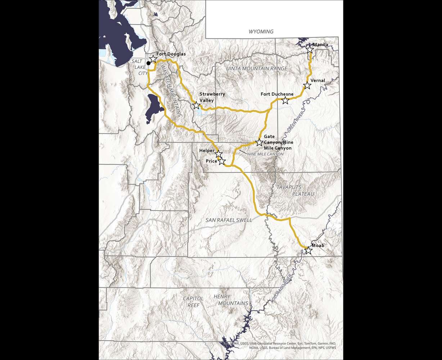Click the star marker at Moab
point(308,250)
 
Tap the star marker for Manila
point(310,49)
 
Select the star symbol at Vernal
point(307,85)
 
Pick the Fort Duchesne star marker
point(285,100)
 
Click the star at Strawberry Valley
point(196,105)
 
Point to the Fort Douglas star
point(153,59)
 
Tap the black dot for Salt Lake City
point(148,63)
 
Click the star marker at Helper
point(218,154)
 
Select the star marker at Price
point(222,161)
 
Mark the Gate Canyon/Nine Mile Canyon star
point(259,142)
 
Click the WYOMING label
point(261,32)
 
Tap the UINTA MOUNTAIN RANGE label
point(256,68)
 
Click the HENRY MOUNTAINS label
point(231,300)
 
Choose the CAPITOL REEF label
point(193,302)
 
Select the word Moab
point(318,246)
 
